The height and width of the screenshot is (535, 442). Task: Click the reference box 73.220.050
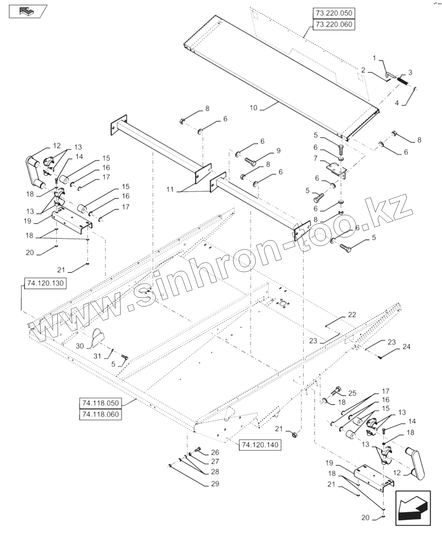coord(334,14)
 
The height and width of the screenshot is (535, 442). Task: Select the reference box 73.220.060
coord(334,24)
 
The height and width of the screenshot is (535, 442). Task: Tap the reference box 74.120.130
coord(45,283)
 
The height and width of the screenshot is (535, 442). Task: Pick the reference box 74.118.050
coord(100,403)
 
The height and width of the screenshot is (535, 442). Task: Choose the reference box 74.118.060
coord(100,414)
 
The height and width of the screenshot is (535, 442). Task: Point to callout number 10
coord(253,108)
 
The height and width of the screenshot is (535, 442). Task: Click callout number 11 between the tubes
coord(170,190)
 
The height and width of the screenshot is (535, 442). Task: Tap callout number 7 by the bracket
coord(316,158)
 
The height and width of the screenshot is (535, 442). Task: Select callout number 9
coord(278,151)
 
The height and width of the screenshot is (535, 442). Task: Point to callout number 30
coord(80,346)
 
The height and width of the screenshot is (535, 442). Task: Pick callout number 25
coord(352,393)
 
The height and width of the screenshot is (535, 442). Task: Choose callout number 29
coord(215,483)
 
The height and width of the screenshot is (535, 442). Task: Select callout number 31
coord(97,356)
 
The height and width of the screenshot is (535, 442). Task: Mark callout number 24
coord(406,347)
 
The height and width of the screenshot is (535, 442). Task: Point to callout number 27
coord(215,461)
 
